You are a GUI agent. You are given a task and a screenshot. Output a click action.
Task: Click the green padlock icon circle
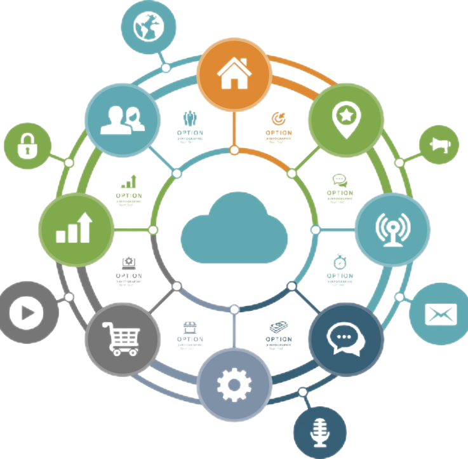click(27, 145)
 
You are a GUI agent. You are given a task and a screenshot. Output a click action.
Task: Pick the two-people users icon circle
click(123, 118)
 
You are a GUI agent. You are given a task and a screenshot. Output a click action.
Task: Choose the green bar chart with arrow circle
click(76, 228)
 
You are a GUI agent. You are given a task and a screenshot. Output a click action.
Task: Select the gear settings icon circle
click(234, 384)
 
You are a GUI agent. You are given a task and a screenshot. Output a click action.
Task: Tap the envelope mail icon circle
click(440, 313)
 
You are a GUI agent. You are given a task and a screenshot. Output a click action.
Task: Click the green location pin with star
click(345, 118)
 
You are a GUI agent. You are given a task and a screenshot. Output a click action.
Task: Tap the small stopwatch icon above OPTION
click(340, 261)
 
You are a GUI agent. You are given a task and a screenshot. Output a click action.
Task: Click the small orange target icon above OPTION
click(279, 118)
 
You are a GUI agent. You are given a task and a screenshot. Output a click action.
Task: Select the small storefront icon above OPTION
click(190, 327)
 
